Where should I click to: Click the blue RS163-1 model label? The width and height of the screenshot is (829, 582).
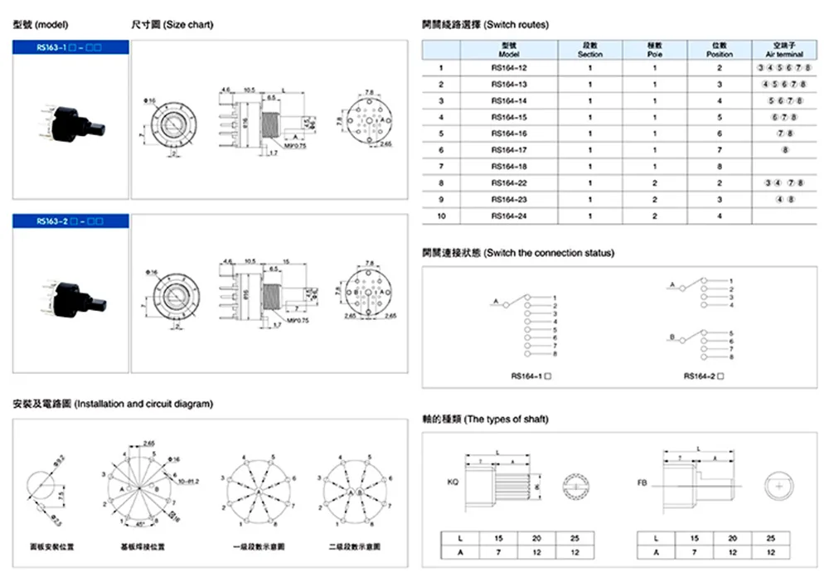coord(70,48)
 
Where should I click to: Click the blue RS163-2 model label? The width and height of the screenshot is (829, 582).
coord(70,221)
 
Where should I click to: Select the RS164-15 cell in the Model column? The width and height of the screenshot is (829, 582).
coord(508,117)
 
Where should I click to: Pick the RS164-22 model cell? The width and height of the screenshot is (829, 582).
coord(508,182)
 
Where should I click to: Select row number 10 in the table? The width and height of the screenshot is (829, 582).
coord(443,216)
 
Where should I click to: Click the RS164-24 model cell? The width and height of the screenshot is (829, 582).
coord(508,216)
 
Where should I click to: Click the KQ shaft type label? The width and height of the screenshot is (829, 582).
coord(452,482)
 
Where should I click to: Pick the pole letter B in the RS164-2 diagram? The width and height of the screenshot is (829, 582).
coord(672,337)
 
